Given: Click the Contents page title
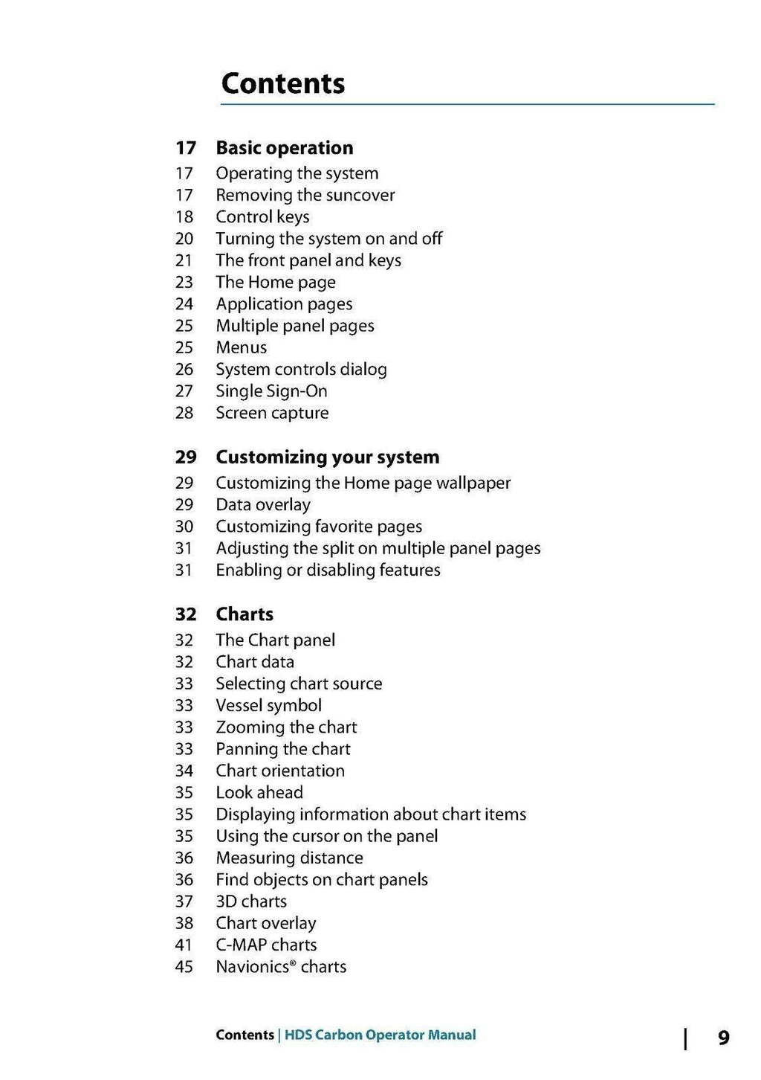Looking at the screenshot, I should pos(282,83).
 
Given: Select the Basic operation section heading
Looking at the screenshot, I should pos(284,148).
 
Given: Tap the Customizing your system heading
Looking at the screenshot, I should pos(327,457).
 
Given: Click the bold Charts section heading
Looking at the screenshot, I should pos(245,614).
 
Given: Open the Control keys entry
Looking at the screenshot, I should pos(262,217).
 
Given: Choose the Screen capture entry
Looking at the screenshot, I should pos(272,413).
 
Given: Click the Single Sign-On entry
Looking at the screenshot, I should pos(271,391).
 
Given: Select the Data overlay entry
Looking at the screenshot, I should pos(263,505).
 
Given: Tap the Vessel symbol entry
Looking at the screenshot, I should pos(268,706).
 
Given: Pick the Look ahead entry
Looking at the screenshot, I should pos(259,793).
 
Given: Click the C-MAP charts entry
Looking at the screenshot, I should pos(266,945).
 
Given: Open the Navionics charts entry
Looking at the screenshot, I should pos(281,967).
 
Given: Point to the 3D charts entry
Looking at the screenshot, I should pos(251,901).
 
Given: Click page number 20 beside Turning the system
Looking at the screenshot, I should pos(184,239).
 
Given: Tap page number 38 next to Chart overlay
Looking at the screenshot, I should pos(184,924).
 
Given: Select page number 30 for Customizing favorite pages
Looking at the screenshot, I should pos(184,527).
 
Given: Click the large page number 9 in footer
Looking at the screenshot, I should pos(723,1038).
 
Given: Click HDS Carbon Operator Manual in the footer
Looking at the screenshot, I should pos(380,1035).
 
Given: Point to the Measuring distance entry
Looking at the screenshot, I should pos(289,858).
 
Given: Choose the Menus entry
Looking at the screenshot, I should pos(241,347).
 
